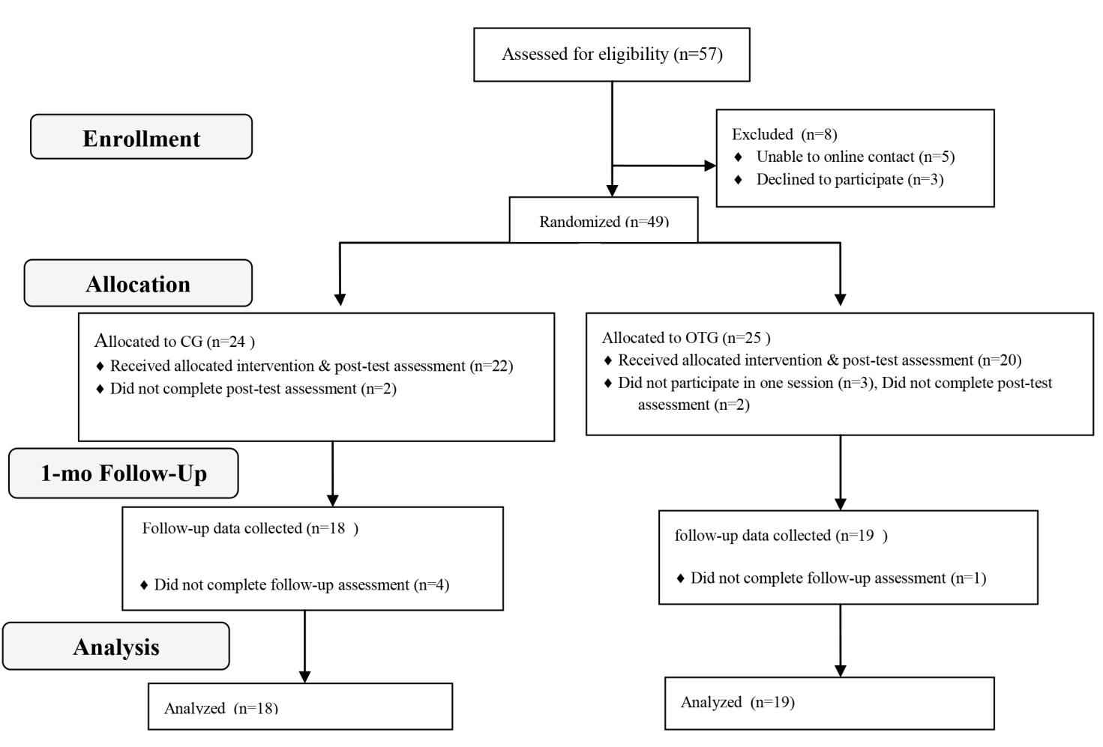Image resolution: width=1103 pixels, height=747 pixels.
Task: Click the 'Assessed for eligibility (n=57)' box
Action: [x=612, y=54]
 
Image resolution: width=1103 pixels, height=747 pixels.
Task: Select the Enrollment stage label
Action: [x=141, y=137]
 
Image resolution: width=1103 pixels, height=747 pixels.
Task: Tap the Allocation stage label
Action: [x=139, y=283]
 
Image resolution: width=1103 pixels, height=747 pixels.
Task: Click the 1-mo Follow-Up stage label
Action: [x=124, y=473]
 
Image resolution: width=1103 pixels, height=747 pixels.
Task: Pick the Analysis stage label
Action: [x=116, y=646]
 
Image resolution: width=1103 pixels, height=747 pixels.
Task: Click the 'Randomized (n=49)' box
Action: [x=603, y=220]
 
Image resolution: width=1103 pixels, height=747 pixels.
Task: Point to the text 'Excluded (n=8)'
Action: [x=784, y=134]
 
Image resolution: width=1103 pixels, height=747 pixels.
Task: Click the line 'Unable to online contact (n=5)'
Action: [x=856, y=157]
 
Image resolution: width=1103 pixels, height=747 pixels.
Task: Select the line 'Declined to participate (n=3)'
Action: [x=850, y=179]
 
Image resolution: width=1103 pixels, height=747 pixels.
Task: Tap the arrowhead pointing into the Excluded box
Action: [x=711, y=166]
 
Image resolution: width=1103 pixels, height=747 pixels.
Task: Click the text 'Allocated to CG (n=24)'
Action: [x=175, y=340]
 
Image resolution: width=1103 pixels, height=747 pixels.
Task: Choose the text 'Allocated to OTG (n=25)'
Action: [x=686, y=338]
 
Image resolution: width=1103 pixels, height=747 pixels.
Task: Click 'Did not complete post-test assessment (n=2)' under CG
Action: [x=253, y=388]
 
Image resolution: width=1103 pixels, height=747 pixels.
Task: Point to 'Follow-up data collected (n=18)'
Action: [x=250, y=528]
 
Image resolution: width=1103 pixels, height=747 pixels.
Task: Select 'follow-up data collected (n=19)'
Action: [x=781, y=535]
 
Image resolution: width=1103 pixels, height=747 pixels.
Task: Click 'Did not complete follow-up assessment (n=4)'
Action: [x=301, y=584]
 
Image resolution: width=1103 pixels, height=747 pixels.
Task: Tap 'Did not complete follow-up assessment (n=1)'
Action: [x=838, y=578]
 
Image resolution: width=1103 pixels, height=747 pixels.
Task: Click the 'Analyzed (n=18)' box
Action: [x=301, y=706]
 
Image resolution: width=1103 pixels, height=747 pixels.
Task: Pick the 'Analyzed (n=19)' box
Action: [x=829, y=704]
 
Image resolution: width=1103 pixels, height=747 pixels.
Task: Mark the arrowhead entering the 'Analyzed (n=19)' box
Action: [x=841, y=671]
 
